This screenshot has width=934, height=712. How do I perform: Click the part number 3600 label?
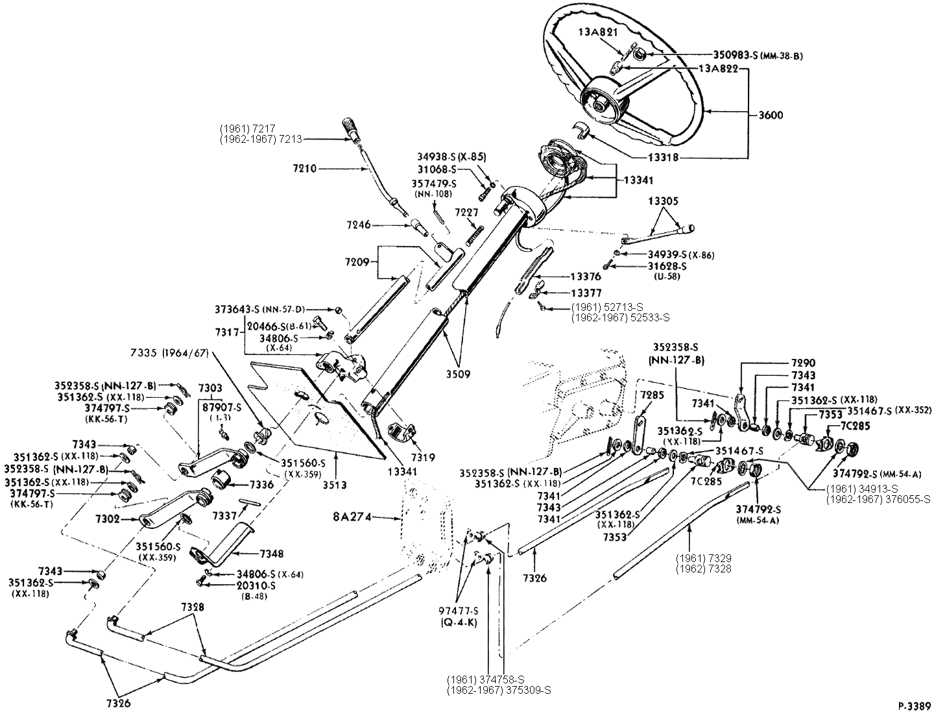click(x=770, y=116)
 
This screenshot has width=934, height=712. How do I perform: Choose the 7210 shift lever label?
click(x=304, y=168)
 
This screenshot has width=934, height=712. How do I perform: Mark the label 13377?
click(x=586, y=293)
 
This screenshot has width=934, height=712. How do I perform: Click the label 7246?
click(x=359, y=225)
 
